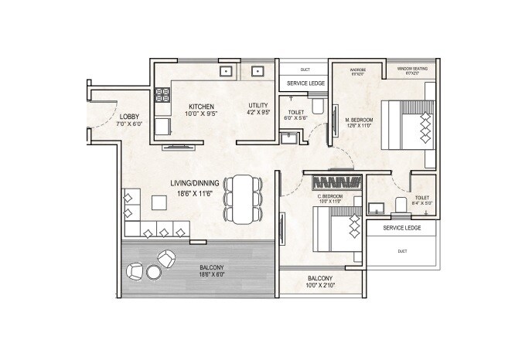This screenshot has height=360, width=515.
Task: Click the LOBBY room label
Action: click(107, 117)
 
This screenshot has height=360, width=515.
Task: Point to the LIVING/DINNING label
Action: click(196, 183)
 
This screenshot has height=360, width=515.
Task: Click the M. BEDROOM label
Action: click(360, 121)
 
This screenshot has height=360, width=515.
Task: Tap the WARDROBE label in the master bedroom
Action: click(358, 70)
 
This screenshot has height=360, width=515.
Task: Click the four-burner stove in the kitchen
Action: click(162, 96)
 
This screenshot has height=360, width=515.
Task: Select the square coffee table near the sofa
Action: click(159, 202)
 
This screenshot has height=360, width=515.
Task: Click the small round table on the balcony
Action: click(152, 271)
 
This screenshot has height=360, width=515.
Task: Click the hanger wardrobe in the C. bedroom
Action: click(336, 183)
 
